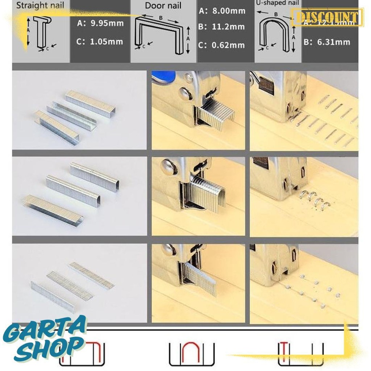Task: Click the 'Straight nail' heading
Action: pos(40,6)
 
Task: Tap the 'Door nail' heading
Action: pos(163,5)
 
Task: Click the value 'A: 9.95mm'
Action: pos(100,24)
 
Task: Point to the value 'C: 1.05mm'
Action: pos(100,41)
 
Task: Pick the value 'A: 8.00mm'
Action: pos(222,11)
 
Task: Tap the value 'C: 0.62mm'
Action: pos(222,45)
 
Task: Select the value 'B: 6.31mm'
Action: pos(327,42)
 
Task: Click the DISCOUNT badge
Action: pos(327,17)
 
